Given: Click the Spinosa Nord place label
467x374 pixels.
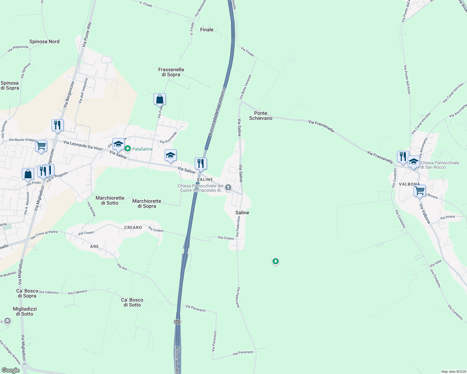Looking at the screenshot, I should point(44,41).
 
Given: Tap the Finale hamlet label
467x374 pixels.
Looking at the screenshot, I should point(207,30).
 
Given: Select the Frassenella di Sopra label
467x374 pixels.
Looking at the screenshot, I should point(171,72).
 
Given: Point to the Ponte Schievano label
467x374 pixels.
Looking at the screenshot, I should point(261,116).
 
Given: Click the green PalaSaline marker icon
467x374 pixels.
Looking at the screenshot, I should point(127,149).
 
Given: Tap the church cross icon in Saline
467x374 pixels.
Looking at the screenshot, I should point(228,188).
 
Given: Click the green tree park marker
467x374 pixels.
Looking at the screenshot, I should point(275,261).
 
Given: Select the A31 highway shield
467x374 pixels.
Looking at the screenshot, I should point(177,322).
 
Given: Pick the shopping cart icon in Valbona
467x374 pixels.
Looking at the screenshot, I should point(420,190).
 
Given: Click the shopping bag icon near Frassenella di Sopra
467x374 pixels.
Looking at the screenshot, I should point(160,99).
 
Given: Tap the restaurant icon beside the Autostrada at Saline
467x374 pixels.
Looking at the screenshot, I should point(201,163).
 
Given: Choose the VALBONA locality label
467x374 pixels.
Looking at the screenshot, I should point(409,184).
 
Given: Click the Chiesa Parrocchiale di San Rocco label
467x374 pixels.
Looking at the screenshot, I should point(440,165).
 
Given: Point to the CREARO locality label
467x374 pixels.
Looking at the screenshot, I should point(133,228).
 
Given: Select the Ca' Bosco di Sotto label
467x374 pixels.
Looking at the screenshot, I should point(132,302).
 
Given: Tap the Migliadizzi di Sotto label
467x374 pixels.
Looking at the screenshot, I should point(25,311).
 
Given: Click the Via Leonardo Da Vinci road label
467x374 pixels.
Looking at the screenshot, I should point(83,146).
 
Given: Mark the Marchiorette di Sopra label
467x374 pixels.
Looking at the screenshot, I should point(147,204).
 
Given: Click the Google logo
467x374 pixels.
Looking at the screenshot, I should point(10,370).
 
